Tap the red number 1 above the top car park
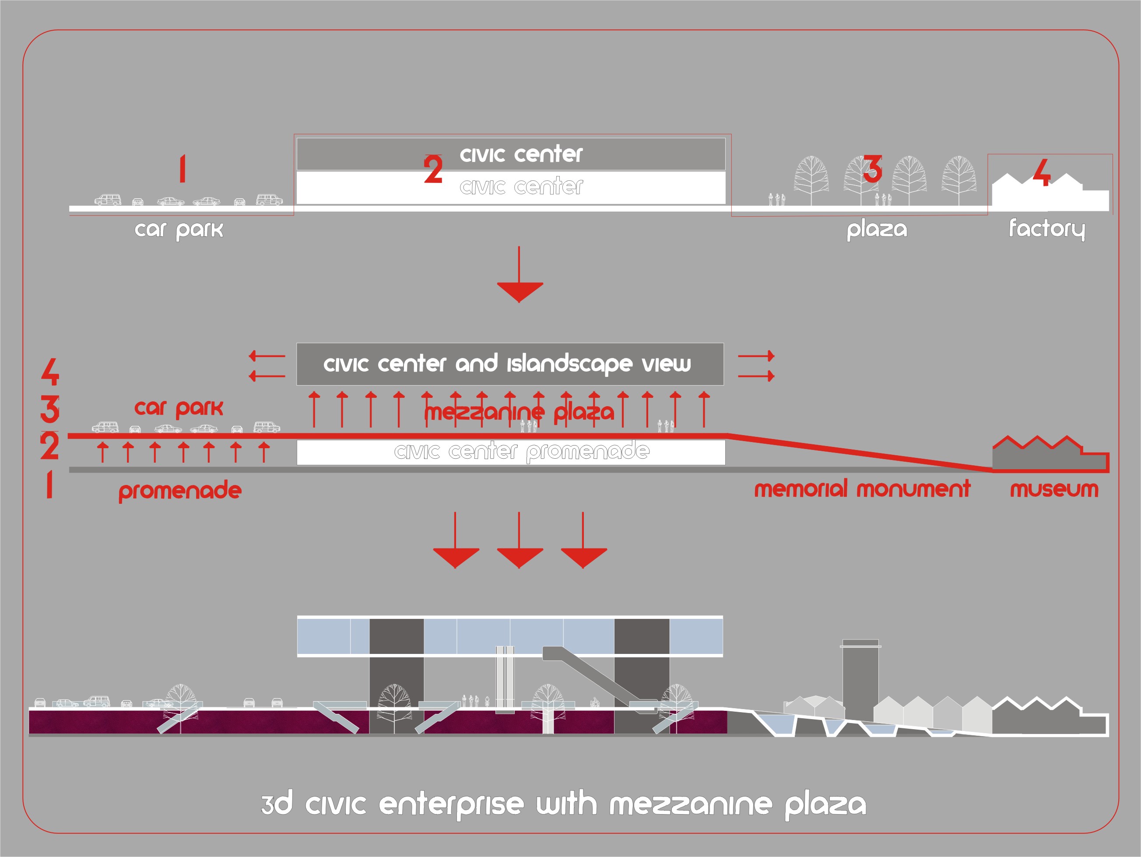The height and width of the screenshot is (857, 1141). (x=182, y=169)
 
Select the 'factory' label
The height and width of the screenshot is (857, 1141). (x=1046, y=228)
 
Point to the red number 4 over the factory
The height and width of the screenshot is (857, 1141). (x=1042, y=172)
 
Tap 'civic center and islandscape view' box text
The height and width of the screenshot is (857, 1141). (x=507, y=364)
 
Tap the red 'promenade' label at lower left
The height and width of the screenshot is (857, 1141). (x=180, y=490)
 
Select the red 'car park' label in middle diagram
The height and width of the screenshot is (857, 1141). (x=179, y=408)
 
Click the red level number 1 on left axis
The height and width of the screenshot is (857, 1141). (x=49, y=485)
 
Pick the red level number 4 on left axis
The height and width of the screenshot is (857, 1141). (x=50, y=372)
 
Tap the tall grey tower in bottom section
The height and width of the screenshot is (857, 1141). (x=860, y=676)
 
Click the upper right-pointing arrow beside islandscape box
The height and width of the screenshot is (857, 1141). (x=756, y=356)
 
